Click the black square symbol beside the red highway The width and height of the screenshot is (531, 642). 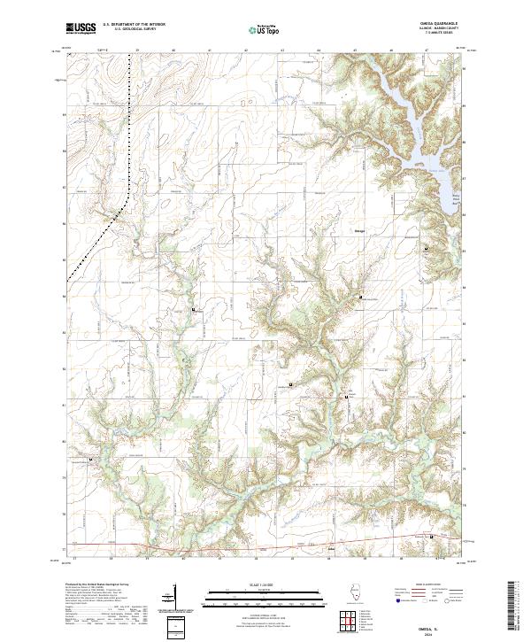coord(431,537)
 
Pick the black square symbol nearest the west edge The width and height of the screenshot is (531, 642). coord(88,460)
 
